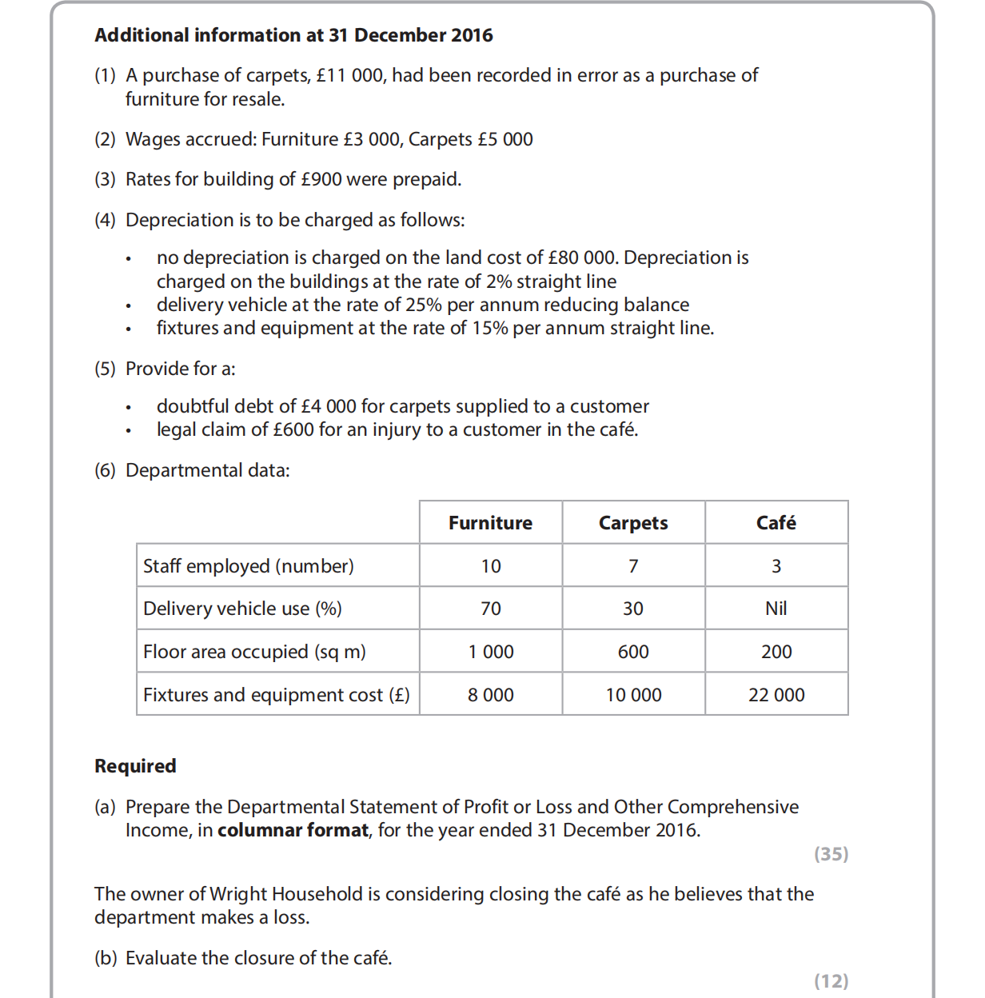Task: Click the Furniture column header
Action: point(490,523)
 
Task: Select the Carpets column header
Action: point(633,523)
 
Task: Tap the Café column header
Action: point(776,523)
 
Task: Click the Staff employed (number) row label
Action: point(248,566)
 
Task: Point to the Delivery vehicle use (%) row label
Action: point(242,609)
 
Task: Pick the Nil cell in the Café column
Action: point(776,609)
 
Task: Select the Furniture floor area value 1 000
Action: point(490,652)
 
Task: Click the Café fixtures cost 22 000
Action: point(776,695)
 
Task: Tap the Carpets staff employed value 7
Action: point(633,566)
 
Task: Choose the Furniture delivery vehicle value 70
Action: point(490,609)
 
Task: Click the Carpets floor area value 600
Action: point(633,652)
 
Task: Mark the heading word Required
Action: point(135,766)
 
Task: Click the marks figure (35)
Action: point(831,854)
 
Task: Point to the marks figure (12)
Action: point(831,981)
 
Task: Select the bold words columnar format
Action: point(293,830)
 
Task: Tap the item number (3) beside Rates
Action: point(105,179)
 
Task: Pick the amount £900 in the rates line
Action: point(321,179)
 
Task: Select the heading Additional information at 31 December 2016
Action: point(293,35)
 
